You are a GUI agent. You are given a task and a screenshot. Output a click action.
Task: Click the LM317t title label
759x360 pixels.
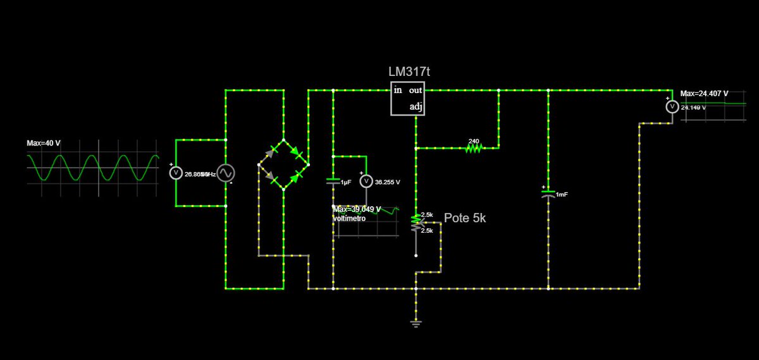(x=409, y=72)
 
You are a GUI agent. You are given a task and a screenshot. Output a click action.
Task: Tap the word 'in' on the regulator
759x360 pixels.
(x=398, y=90)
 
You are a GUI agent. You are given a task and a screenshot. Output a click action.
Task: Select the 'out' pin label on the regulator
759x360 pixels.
(x=416, y=91)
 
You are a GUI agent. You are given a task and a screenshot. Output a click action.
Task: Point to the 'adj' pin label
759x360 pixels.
(x=416, y=107)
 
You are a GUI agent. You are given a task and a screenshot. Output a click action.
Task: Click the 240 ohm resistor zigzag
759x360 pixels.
(x=474, y=148)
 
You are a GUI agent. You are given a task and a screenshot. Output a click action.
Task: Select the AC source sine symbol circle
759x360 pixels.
(x=226, y=173)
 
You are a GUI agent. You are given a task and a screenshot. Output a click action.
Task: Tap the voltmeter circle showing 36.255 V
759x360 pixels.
(x=366, y=182)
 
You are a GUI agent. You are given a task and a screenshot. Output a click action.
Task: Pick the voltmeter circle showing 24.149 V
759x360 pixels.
(x=672, y=107)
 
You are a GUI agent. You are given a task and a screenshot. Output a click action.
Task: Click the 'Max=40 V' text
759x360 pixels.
(x=44, y=143)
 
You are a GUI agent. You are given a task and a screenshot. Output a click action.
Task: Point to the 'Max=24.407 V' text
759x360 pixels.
(x=704, y=94)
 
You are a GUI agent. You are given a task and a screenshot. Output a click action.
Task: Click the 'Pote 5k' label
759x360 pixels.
(x=465, y=218)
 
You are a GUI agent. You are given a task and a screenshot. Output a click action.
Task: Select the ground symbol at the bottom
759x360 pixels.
(x=416, y=324)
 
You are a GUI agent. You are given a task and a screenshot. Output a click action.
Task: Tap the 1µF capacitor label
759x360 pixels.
(x=345, y=182)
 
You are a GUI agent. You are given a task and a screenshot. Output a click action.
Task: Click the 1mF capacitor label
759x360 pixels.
(x=562, y=194)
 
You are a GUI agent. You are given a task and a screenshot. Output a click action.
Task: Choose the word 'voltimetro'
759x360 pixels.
(x=349, y=218)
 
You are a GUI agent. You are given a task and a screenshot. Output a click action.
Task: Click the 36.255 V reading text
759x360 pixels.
(x=387, y=182)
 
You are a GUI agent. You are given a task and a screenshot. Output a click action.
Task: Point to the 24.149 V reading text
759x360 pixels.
(x=693, y=108)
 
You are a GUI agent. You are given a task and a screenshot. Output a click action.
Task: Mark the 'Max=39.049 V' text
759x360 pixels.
(x=357, y=209)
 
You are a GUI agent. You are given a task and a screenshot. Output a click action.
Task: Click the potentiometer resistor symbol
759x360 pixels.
(x=416, y=223)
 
